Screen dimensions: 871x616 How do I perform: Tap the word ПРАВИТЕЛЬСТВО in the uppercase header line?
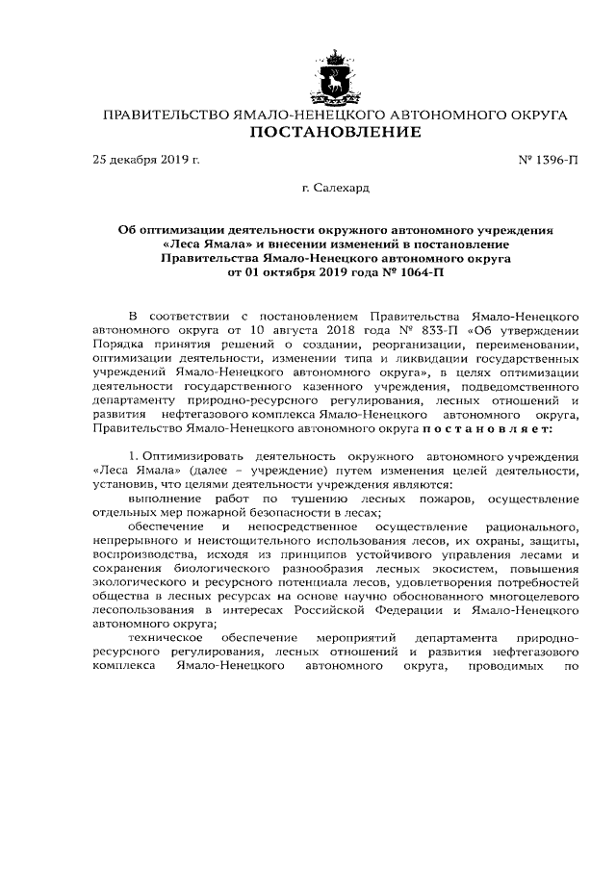(165, 115)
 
